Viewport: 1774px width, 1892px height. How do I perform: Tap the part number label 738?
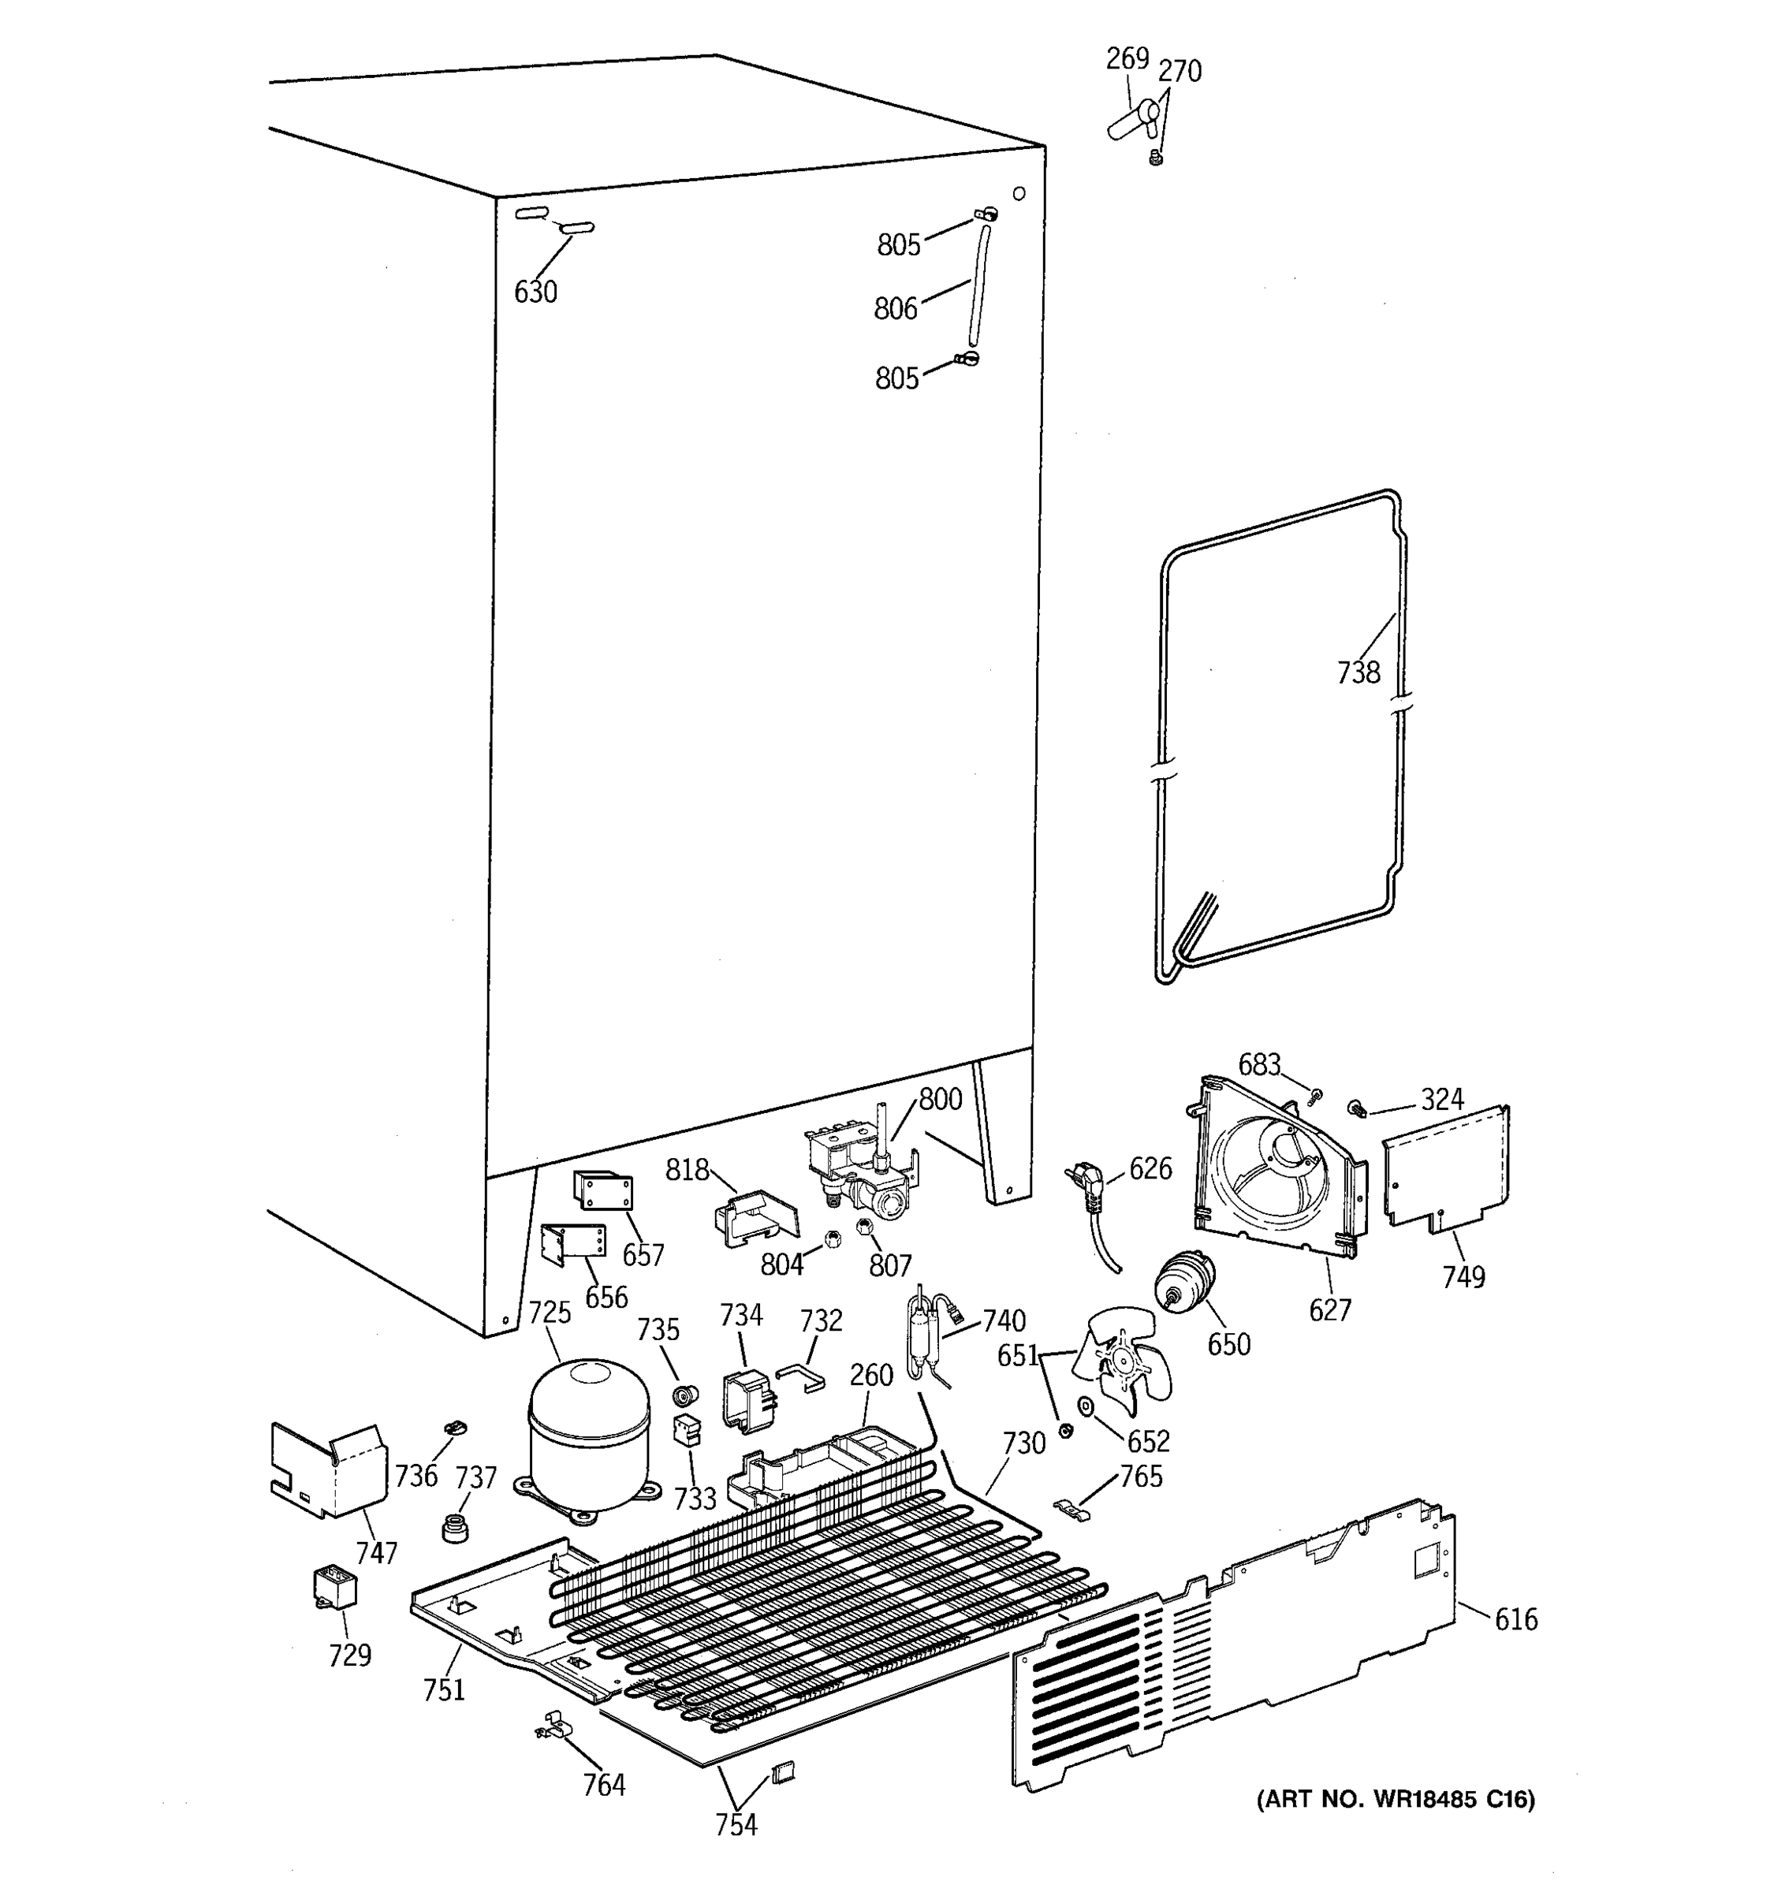[1358, 673]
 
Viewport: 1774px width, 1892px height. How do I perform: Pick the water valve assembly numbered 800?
[861, 1171]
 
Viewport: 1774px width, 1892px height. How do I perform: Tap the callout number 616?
[1515, 1619]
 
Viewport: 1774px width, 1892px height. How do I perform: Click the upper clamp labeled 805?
[986, 215]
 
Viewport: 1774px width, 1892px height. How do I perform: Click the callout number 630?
[535, 292]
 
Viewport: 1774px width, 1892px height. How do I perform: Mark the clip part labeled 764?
[551, 1725]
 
